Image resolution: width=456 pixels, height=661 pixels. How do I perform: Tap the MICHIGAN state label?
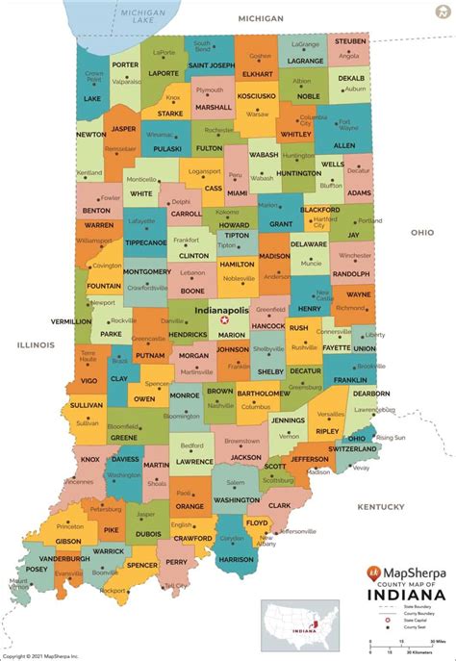click(x=262, y=18)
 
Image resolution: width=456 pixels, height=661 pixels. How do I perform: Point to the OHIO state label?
click(x=422, y=232)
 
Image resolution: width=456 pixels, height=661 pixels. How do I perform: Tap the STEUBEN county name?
click(x=350, y=41)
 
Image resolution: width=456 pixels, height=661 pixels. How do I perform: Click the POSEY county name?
click(x=38, y=568)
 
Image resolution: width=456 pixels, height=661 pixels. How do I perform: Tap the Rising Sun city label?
click(x=391, y=437)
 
